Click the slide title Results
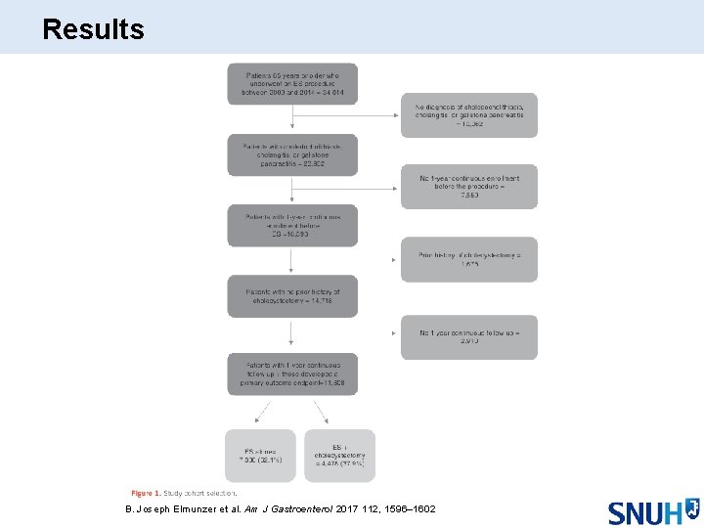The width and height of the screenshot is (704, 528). tap(94, 29)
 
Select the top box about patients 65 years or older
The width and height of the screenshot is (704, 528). tap(292, 84)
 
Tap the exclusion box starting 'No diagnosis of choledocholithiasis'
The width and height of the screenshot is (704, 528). tap(468, 114)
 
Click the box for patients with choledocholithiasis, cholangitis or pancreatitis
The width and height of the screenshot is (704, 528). tap(292, 155)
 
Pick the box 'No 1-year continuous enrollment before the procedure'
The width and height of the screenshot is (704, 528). tap(468, 186)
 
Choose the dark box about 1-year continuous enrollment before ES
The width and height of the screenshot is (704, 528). tap(292, 225)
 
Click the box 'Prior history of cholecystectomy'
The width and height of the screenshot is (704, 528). tap(468, 259)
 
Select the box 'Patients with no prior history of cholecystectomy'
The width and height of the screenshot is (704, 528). tap(292, 296)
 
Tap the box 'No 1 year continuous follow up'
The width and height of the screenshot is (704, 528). tap(468, 337)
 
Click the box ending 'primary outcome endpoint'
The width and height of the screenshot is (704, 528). tap(292, 374)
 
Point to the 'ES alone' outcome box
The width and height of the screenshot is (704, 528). tap(260, 455)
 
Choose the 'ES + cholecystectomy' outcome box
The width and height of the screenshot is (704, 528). tap(339, 455)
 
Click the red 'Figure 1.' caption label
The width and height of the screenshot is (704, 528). tap(146, 493)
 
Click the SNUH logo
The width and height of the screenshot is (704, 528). tap(652, 511)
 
